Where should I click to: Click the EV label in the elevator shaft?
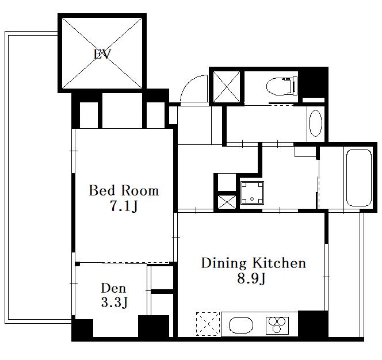pos(102,54)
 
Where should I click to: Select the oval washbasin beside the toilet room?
pos(315,123)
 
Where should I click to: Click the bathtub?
pos(359,178)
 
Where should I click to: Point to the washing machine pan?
pos(252,193)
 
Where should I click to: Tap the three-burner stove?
pos(277,325)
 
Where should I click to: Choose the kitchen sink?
pos(240,325)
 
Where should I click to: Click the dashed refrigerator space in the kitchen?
pos(208,324)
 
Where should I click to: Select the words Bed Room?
pos(124,190)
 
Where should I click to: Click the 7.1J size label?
pos(124,206)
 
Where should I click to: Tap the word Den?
pos(113,288)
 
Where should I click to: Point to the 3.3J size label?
pos(114,302)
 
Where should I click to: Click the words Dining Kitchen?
pos(253,263)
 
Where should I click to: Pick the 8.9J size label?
pos(251,278)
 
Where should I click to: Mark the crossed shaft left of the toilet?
pos(227,87)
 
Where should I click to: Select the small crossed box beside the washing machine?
pos(227,202)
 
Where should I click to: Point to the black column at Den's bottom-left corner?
pos(82,328)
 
